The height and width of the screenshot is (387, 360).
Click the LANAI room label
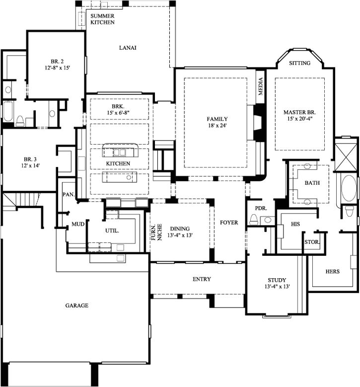128,48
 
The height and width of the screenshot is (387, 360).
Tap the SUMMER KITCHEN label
102,19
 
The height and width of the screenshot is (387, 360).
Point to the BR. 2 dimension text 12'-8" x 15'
57,68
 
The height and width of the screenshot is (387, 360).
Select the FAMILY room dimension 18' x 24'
217,125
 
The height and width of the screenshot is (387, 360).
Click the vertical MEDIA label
261,86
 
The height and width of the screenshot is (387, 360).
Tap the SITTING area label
299,63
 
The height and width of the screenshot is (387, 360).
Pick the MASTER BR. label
299,112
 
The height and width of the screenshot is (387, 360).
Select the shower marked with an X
346,155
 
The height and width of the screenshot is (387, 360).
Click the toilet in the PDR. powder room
253,219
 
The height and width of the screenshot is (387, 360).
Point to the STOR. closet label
312,242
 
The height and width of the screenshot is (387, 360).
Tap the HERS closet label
332,271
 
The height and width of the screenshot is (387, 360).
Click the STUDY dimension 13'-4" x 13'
277,287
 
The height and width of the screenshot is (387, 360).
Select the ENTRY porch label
202,279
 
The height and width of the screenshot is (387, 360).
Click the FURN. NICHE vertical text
157,232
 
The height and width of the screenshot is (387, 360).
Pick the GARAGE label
77,306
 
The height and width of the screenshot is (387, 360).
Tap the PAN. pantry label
69,194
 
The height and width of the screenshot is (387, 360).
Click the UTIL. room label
112,231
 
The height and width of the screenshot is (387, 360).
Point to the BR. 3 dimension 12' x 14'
30,165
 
